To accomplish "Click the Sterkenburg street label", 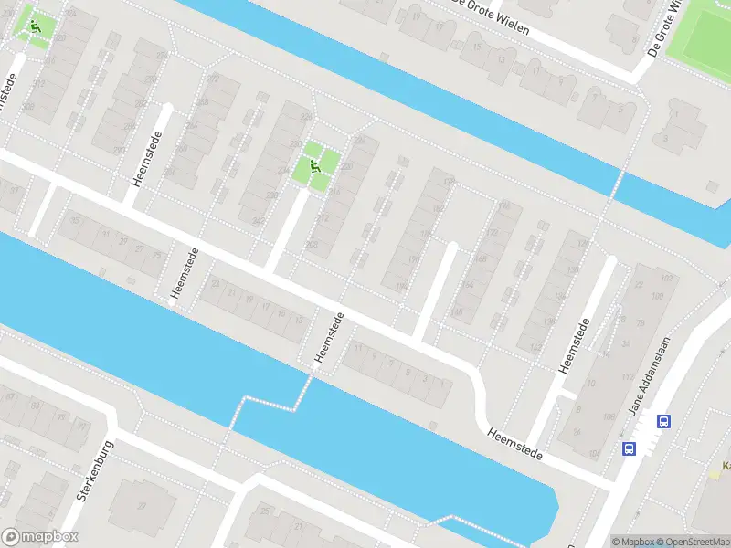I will coord(94,472).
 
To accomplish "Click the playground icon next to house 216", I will coord(315,165).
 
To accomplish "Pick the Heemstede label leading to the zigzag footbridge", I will coord(328,337).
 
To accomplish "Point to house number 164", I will coord(469,285).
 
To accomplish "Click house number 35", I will coord(75,220).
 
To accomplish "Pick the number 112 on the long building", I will coord(627,378).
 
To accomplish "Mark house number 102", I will coord(666,278).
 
